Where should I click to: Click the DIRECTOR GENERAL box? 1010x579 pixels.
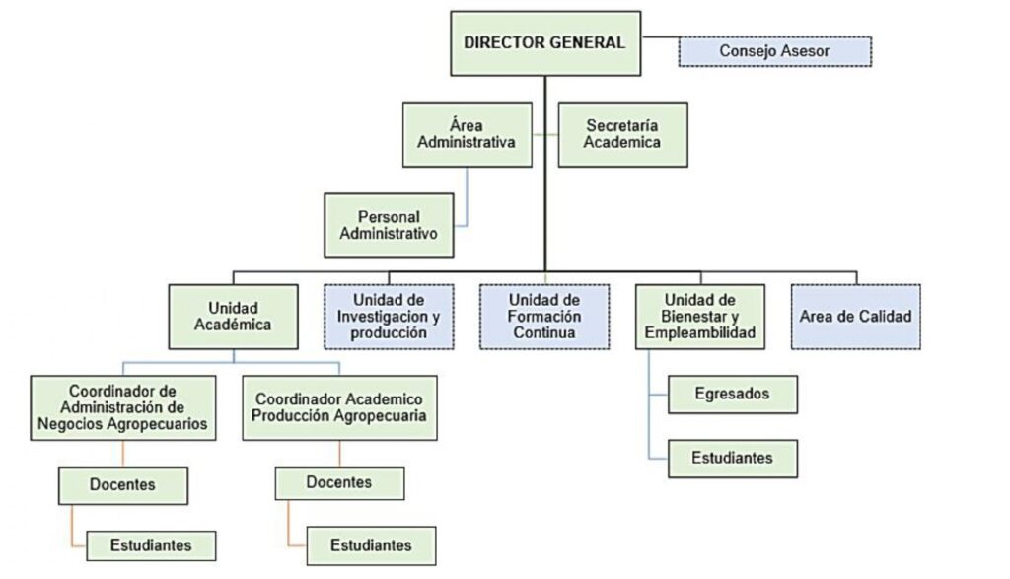pos(545,43)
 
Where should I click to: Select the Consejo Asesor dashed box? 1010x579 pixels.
pos(775,51)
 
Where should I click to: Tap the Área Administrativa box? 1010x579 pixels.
pos(467,134)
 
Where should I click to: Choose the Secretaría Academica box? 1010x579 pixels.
pos(623,134)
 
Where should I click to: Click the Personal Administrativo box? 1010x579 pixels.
pos(389,226)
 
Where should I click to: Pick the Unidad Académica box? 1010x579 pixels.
pos(233,317)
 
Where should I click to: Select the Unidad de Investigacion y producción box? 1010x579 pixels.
pos(389,317)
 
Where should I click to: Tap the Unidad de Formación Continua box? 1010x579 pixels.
pos(544,317)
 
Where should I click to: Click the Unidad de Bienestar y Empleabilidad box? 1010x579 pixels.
pos(700,317)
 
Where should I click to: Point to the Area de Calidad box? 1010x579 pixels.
pos(856,317)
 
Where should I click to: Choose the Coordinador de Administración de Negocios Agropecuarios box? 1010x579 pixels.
pos(123,408)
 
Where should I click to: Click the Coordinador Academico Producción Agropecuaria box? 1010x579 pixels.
pos(339,408)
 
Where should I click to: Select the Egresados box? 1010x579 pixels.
pos(733,395)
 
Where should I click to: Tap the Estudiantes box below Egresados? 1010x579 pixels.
pos(733,459)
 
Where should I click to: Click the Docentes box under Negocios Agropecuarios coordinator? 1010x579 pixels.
pos(123,485)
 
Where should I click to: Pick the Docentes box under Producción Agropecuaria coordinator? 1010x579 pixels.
pos(339,483)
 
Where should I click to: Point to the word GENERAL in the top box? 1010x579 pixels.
pos(587,43)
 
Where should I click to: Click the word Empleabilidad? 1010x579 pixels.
pos(700,333)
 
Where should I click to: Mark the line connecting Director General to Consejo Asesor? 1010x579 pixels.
pos(660,36)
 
